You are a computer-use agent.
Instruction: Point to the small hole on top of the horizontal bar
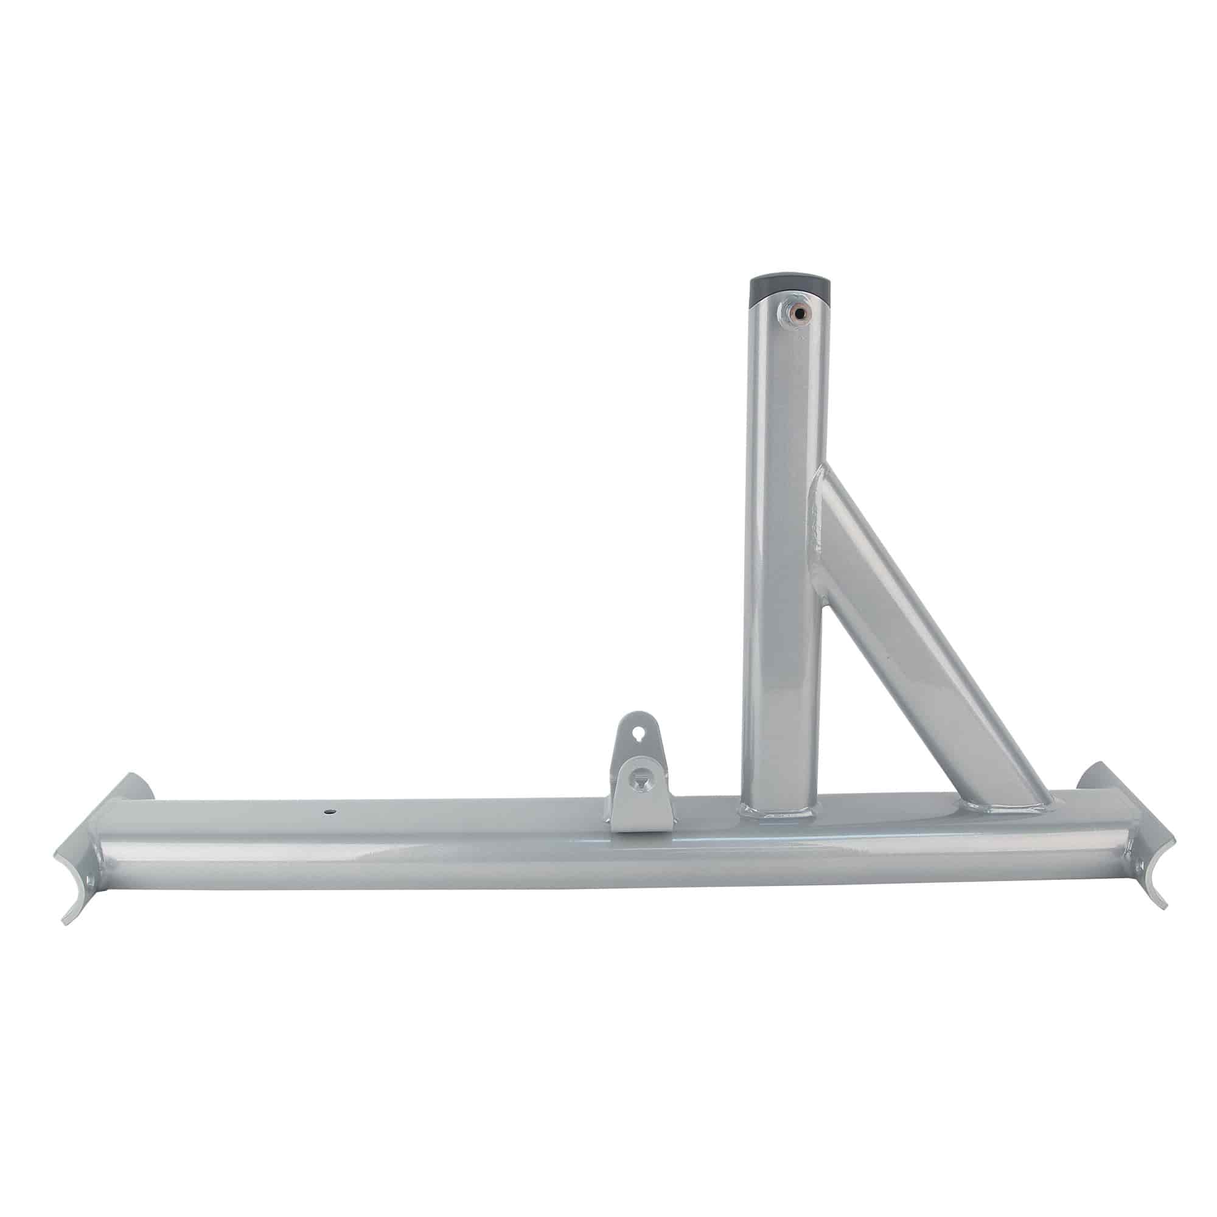pos(329,812)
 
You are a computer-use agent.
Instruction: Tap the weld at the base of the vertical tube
pos(780,812)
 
